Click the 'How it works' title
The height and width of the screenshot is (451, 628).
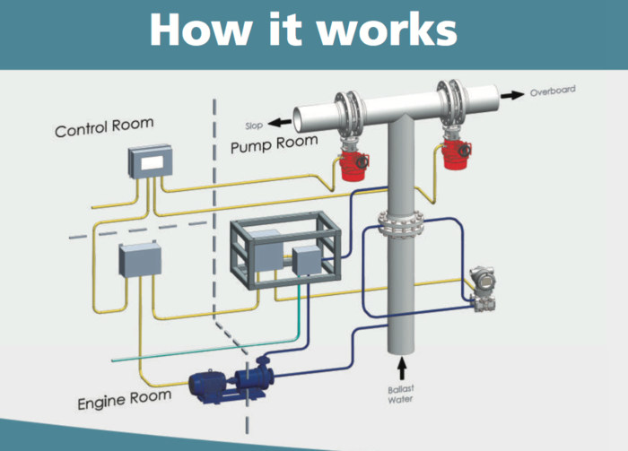303,29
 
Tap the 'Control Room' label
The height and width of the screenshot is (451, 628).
104,126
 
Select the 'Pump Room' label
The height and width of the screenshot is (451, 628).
274,143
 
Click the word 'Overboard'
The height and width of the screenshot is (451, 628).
552,91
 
